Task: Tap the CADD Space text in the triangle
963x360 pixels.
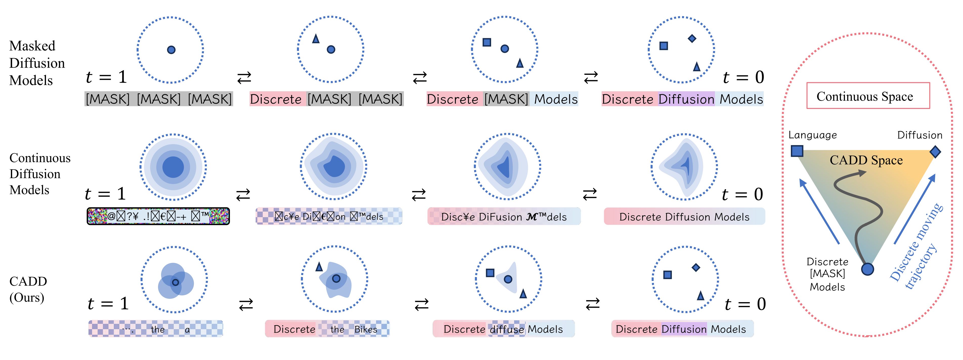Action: point(866,160)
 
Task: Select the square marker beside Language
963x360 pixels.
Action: point(797,151)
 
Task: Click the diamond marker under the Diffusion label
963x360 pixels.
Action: point(935,152)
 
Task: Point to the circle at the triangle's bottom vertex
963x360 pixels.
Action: point(867,269)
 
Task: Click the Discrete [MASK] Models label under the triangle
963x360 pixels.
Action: point(827,274)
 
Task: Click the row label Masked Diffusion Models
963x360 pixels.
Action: point(37,63)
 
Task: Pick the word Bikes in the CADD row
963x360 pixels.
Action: point(366,329)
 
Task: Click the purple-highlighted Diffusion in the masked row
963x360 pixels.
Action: point(686,99)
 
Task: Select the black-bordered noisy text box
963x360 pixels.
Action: point(158,216)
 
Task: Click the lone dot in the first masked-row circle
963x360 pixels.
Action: point(171,50)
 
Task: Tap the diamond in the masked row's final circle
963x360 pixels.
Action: point(692,38)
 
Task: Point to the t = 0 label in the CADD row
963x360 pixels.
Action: point(745,304)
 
